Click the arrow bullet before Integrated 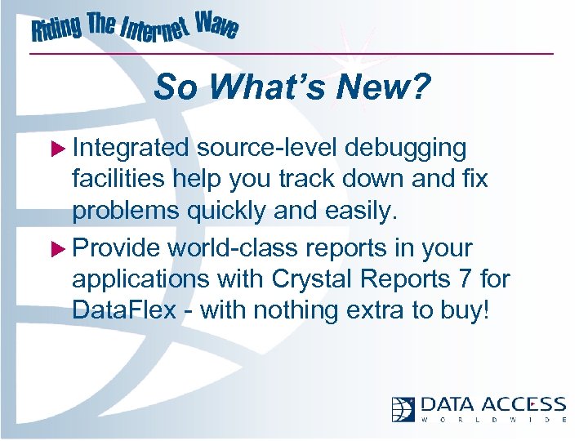60,149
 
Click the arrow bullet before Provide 60,248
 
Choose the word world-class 240,248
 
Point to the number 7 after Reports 467,279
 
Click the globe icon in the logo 403,409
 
